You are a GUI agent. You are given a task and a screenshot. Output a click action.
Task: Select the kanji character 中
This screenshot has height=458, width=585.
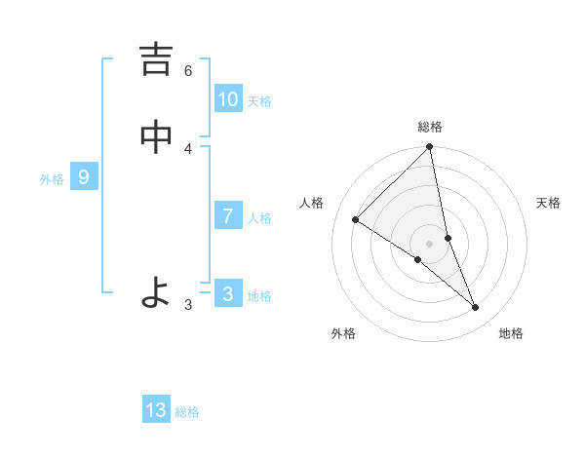(156, 138)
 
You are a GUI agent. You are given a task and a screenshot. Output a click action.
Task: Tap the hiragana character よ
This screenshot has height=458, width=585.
(156, 293)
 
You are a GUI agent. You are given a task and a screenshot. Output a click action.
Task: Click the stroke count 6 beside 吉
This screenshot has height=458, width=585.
(188, 70)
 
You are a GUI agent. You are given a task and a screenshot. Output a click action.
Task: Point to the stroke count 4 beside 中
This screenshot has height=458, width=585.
(188, 148)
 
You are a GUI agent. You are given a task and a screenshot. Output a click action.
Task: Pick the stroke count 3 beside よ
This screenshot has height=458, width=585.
(188, 304)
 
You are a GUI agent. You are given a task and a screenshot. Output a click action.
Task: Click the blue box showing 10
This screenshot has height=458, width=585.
(228, 99)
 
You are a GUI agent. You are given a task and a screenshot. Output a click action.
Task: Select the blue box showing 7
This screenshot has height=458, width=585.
(228, 216)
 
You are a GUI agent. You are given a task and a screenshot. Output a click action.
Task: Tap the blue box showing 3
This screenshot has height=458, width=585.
(228, 294)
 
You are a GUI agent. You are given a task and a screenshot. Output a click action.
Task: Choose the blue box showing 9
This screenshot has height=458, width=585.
(84, 177)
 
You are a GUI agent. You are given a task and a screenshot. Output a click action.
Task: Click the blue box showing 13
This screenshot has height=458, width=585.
(156, 410)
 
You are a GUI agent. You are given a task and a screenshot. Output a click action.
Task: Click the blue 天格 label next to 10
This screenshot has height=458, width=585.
(259, 101)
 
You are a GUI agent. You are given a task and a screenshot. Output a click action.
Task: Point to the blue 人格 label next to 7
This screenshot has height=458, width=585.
(259, 218)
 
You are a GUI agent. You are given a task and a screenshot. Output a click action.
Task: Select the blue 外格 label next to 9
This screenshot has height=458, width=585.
(52, 179)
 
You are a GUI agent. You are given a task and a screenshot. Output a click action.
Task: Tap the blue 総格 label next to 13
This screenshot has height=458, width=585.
(187, 412)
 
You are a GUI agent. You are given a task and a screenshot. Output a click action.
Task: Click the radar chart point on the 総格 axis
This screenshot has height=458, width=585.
(430, 148)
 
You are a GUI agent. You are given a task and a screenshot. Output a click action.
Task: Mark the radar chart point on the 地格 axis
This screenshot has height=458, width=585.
(476, 308)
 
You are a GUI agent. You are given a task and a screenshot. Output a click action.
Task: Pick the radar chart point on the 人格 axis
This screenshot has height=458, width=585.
(355, 220)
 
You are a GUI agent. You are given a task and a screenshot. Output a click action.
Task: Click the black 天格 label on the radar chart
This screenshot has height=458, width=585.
(548, 203)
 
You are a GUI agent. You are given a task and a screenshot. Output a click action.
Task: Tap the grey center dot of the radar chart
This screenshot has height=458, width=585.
(430, 243)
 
